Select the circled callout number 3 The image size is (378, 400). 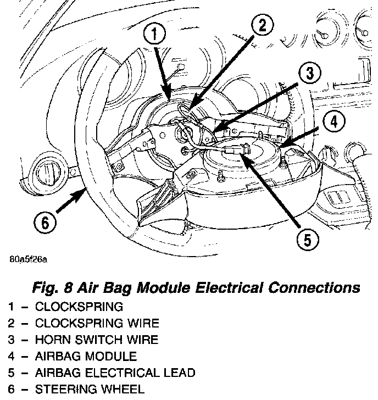coord(309,73)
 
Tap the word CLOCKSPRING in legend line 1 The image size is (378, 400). coord(79,306)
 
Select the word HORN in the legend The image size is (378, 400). coord(50,340)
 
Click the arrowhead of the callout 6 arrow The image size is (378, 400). coord(84,188)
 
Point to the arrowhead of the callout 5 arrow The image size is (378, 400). coord(244,157)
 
